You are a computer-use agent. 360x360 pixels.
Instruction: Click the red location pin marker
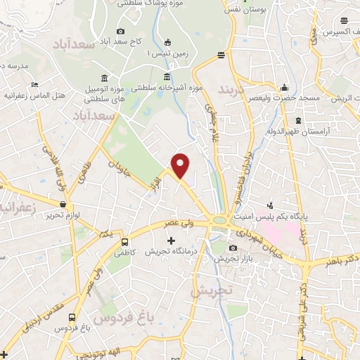click(181, 165)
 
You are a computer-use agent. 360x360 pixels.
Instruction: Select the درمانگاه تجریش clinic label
click(171, 251)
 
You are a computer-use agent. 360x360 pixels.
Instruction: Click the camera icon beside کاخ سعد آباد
click(121, 31)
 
